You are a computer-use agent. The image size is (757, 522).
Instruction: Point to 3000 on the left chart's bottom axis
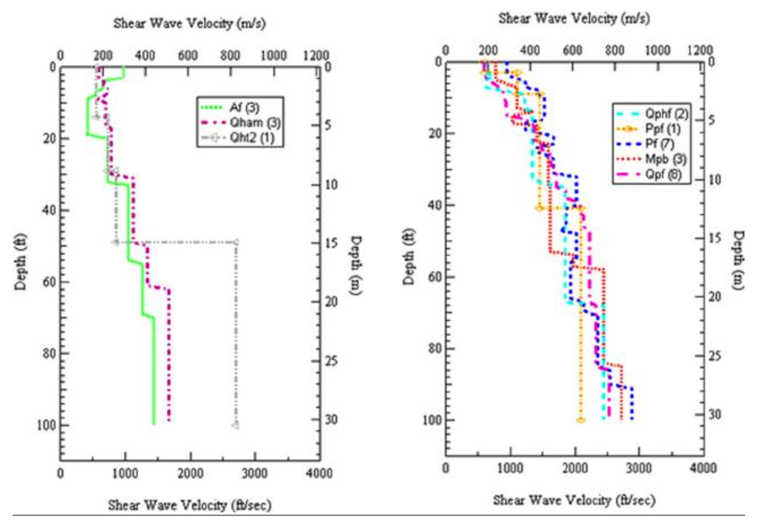[x=254, y=473]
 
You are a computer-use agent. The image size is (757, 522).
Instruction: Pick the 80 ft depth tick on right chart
[x=432, y=348]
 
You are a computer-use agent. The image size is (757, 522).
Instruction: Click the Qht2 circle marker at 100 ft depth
[x=235, y=425]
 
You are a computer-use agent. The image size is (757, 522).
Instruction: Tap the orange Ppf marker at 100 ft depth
[x=581, y=420]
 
